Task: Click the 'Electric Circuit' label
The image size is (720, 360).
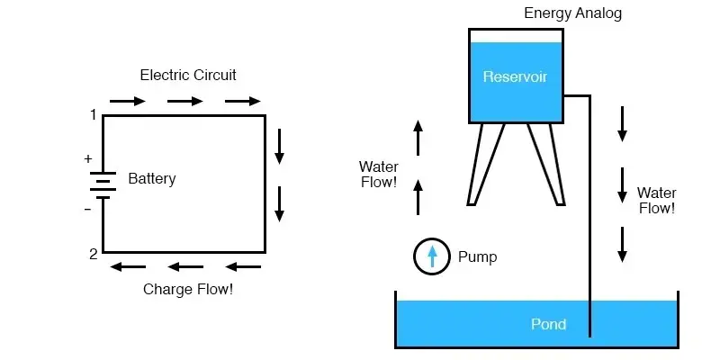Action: [x=188, y=75]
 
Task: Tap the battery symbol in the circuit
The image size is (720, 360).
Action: [x=103, y=184]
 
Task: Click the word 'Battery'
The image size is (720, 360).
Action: [x=152, y=179]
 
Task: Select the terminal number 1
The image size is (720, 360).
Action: [x=93, y=114]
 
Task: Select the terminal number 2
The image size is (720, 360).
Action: [x=93, y=254]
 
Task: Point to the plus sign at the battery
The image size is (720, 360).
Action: [x=88, y=159]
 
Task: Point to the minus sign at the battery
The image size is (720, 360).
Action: [x=88, y=209]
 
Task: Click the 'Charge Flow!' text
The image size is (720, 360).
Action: [x=188, y=290]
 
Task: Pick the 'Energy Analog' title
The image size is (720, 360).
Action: [x=573, y=13]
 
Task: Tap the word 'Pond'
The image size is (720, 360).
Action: [x=548, y=324]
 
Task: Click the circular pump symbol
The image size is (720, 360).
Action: [x=432, y=256]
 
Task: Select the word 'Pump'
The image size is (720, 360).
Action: [x=477, y=257]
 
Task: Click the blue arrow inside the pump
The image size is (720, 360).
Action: [x=432, y=256]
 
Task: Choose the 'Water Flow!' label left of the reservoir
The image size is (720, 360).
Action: [x=378, y=175]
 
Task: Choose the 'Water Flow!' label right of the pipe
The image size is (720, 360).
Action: [x=656, y=201]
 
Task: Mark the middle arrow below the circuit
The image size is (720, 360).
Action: [x=185, y=266]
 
